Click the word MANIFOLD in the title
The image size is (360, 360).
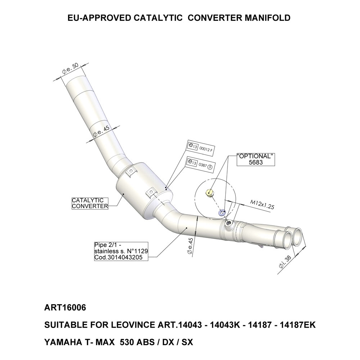tap(266, 18)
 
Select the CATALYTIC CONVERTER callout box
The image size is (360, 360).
tap(90, 203)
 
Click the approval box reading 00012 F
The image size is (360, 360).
tap(201, 146)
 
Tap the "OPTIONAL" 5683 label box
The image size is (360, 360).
tap(255, 159)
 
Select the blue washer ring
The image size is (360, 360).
tap(222, 212)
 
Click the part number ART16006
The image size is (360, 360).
tap(65, 309)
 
